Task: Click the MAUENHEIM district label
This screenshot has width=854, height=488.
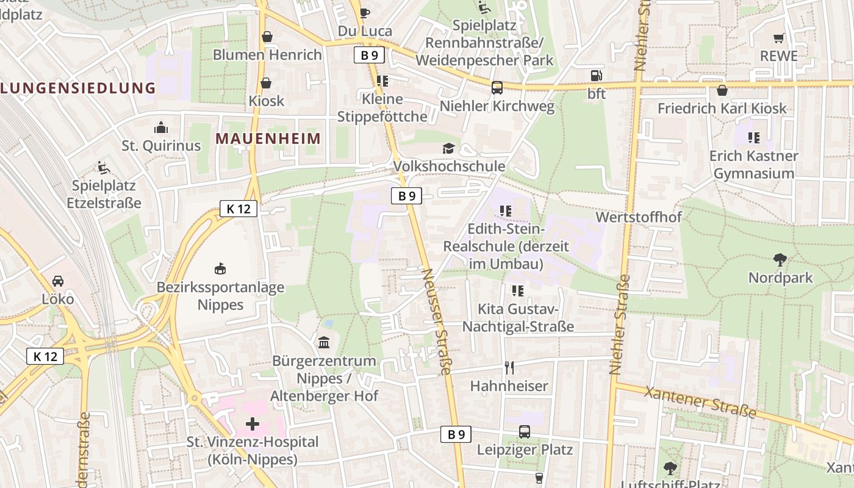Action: [x=268, y=138]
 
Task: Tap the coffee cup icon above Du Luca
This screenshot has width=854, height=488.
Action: [x=365, y=12]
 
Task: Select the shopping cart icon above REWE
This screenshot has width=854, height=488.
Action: [x=778, y=38]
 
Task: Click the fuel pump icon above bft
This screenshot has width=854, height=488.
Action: [x=596, y=76]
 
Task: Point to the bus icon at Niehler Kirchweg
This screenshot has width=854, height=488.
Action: [x=497, y=88]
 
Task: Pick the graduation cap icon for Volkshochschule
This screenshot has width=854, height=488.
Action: [x=449, y=149]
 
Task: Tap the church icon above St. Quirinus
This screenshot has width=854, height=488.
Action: [x=161, y=127]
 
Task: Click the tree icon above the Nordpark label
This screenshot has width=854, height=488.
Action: [x=780, y=260]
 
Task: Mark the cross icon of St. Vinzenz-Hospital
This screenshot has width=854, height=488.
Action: [x=253, y=423]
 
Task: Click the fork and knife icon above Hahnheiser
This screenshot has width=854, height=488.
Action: [x=509, y=367]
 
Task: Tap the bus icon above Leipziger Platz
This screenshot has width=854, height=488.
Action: [x=525, y=432]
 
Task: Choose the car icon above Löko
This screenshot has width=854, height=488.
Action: [x=58, y=281]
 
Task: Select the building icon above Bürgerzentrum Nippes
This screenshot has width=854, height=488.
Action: [x=324, y=343]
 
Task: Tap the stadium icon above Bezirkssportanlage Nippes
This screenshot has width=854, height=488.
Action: [x=220, y=268]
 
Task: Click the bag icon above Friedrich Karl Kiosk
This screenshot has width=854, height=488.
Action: [x=722, y=90]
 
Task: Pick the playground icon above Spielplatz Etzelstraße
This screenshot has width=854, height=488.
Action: [x=104, y=167]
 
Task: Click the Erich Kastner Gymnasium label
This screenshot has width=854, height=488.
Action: [x=753, y=165]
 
